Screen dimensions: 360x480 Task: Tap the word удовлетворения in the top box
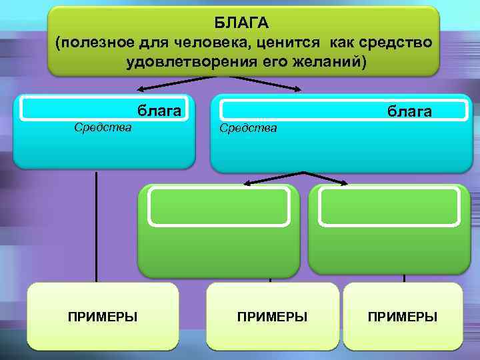coord(173,62)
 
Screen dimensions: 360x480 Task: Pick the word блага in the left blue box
coord(159,110)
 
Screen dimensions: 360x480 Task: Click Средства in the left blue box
coord(103,126)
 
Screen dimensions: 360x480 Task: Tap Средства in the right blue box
coord(248,127)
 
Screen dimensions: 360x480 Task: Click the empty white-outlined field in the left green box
coord(219,206)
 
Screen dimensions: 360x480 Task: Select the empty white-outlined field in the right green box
coord(389,206)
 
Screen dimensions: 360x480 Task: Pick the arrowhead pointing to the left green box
coord(246,183)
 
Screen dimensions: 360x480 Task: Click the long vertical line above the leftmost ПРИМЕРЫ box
coord(96,227)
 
